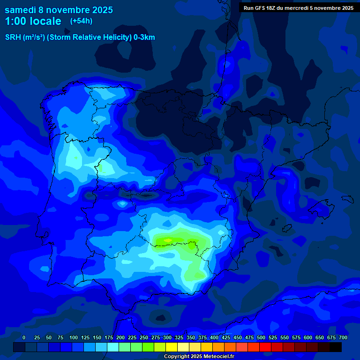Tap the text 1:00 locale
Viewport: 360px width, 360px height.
33,21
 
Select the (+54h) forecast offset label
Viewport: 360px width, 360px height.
81,21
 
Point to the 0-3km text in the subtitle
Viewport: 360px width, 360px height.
144,37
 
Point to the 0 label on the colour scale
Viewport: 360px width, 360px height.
24,337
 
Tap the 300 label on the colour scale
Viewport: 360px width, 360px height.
167,337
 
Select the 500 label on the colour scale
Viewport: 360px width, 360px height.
261,337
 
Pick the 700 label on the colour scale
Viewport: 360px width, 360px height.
343,337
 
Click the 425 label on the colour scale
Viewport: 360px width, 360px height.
226,337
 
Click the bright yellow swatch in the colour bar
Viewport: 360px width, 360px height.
172,347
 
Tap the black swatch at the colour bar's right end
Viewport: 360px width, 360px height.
336,347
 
